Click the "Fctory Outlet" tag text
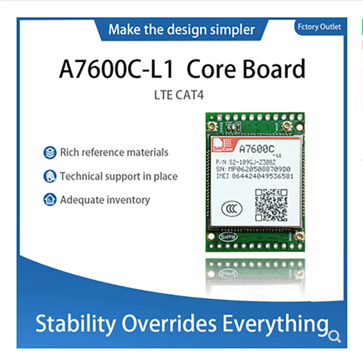tap(319, 27)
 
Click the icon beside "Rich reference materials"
tap(50, 152)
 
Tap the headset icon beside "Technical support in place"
tap(50, 176)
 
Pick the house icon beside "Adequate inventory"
tap(50, 199)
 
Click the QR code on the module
tap(271, 205)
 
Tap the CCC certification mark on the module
tap(232, 208)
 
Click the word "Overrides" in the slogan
tap(169, 324)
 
